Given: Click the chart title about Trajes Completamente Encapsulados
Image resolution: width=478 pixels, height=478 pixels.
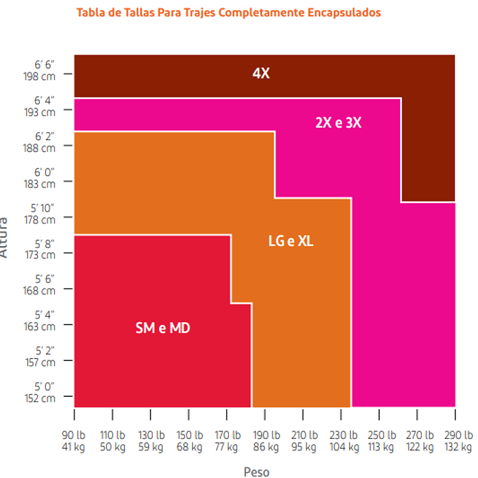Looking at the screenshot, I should pyautogui.click(x=228, y=13).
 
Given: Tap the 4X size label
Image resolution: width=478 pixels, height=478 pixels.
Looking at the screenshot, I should pyautogui.click(x=261, y=73).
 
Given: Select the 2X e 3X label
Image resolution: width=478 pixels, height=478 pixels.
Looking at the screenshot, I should pyautogui.click(x=338, y=123).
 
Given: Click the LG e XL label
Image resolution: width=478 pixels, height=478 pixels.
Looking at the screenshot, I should pyautogui.click(x=291, y=240).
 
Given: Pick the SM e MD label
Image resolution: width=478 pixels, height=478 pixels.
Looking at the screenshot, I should pyautogui.click(x=163, y=328).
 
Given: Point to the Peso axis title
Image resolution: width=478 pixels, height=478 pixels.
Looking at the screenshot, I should pyautogui.click(x=256, y=471).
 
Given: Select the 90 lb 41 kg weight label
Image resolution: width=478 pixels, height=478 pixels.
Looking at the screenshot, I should pyautogui.click(x=74, y=441).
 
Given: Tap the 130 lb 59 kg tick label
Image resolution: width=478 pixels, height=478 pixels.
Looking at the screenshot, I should pyautogui.click(x=151, y=441).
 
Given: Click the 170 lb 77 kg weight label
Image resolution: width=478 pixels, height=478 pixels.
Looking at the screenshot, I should pyautogui.click(x=226, y=441).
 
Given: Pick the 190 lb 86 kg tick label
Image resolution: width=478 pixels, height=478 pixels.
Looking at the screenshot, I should pyautogui.click(x=265, y=441).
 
